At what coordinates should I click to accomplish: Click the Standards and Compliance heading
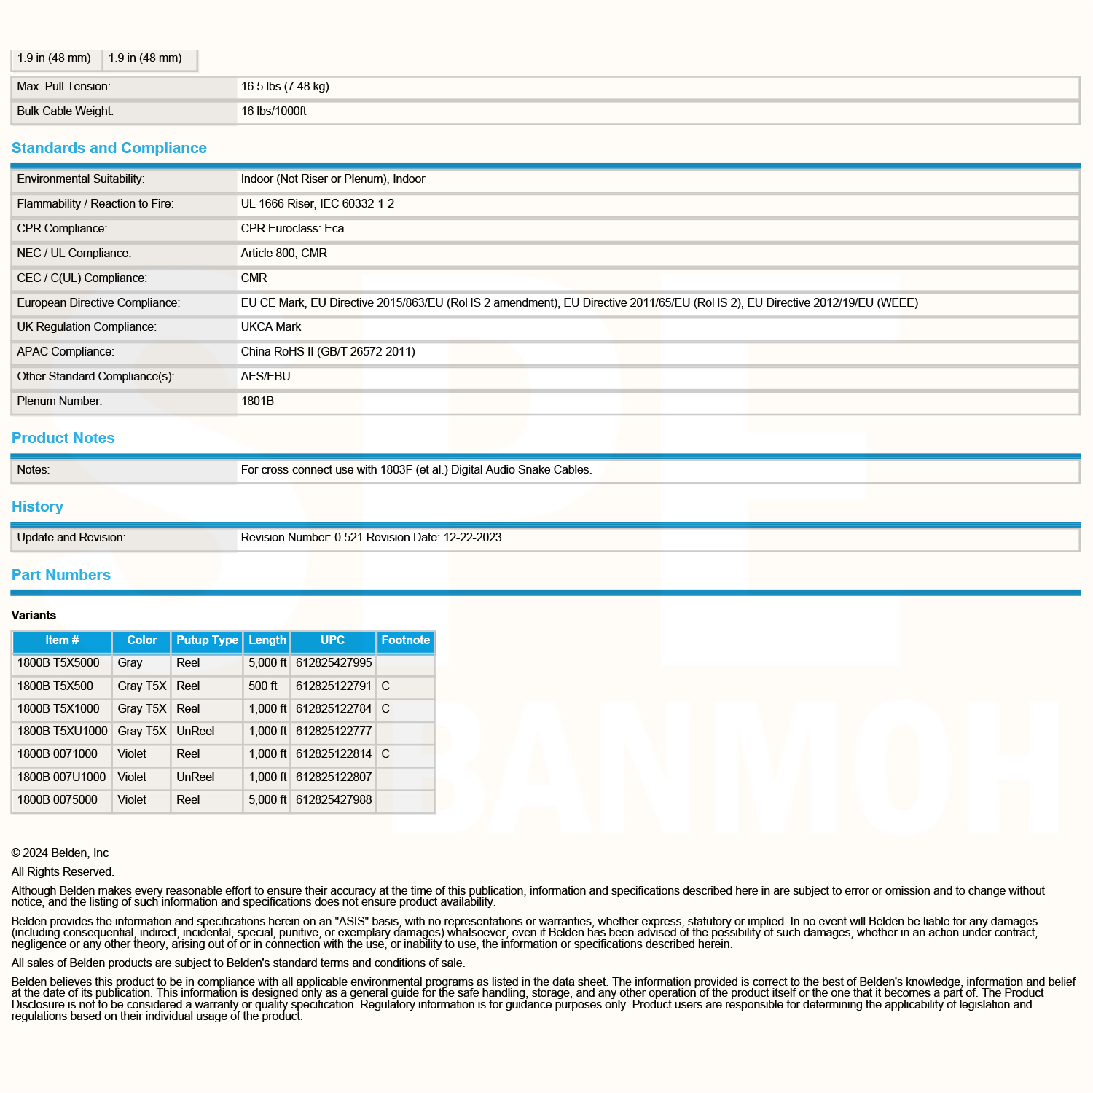coord(109,148)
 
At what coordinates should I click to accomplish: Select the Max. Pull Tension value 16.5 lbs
coord(285,87)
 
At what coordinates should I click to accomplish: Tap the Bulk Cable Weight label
coord(65,111)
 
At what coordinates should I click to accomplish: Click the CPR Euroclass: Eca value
coord(292,229)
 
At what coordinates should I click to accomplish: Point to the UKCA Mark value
coord(271,327)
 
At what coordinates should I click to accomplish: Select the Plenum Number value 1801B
coord(257,401)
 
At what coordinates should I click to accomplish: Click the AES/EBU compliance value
coord(265,377)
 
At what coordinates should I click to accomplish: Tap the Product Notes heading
coord(63,438)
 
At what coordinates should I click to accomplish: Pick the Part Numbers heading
coord(60,575)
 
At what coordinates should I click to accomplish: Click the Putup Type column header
coord(207,640)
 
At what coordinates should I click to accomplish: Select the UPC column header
coord(332,640)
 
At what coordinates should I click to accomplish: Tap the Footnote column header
coord(405,640)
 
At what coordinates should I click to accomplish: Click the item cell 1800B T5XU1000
coord(62,732)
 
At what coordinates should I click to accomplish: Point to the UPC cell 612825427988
coord(334,800)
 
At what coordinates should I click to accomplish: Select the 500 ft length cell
coord(262,686)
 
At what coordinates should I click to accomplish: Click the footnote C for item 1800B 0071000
coord(385,754)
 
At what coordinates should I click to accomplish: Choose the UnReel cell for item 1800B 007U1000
coord(195,777)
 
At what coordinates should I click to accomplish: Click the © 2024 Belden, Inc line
coord(60,853)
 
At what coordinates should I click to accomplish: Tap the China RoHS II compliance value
coord(328,352)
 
